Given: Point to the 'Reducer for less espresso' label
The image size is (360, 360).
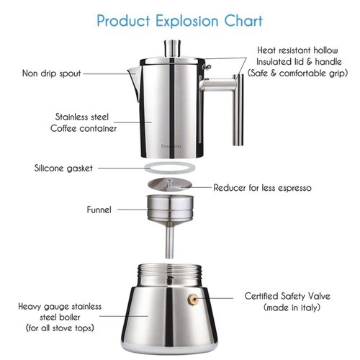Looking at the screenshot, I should (x=262, y=187).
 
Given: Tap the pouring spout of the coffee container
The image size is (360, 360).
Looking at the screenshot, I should (x=133, y=72).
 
